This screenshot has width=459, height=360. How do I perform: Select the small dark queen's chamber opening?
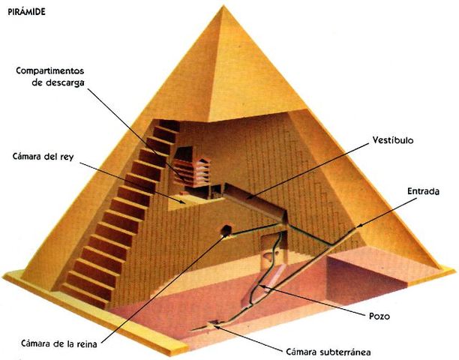pos(225,229)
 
